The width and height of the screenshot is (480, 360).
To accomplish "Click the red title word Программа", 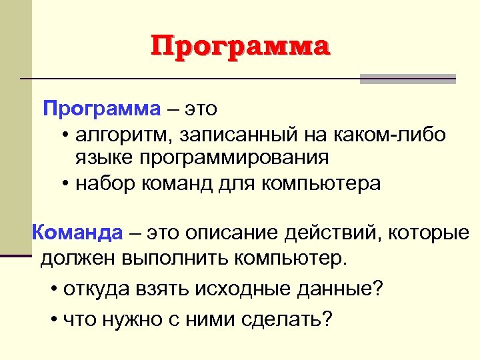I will pyautogui.click(x=240, y=47).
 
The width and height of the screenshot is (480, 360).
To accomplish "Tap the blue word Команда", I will pyautogui.click(x=77, y=233).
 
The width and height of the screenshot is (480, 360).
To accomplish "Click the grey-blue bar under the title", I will pyautogui.click(x=407, y=78).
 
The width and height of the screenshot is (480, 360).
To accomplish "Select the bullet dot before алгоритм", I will pyautogui.click(x=67, y=137).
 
